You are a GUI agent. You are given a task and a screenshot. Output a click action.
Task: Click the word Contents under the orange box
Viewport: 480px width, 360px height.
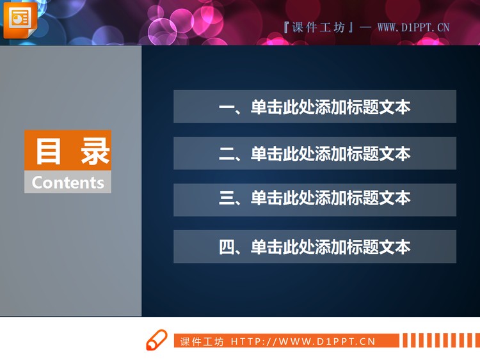68,182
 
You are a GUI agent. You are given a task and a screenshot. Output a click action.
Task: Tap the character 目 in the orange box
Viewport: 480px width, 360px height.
47,151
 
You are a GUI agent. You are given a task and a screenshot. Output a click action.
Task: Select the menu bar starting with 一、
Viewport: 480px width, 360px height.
314,107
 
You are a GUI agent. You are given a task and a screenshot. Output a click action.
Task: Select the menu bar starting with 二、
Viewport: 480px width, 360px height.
314,153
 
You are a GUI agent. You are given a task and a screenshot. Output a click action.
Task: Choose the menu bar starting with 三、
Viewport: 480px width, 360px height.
314,200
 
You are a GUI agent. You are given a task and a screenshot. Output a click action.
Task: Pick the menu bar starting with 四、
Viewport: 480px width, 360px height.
314,247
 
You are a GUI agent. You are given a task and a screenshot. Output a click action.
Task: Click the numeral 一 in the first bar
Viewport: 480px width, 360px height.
227,107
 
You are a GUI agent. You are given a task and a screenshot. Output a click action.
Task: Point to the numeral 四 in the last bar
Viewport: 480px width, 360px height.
227,247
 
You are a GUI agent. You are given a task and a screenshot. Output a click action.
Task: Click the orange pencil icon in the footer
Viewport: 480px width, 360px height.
156,340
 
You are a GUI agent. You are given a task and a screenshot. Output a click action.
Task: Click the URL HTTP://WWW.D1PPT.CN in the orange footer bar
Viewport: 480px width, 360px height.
303,341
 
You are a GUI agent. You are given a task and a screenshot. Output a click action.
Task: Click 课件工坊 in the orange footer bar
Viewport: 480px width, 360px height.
202,341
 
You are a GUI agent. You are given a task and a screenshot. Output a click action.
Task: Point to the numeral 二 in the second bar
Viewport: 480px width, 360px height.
227,154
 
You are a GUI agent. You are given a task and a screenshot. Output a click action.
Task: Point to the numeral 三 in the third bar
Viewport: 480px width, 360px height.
227,199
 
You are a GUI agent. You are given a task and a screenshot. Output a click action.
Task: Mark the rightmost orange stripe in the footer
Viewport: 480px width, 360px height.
477,340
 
